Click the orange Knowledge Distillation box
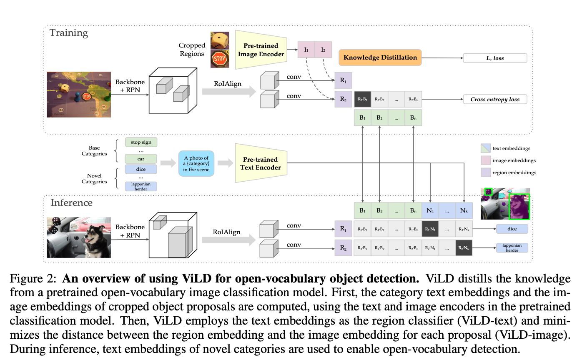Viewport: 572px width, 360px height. click(x=380, y=57)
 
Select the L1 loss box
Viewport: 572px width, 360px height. click(x=495, y=58)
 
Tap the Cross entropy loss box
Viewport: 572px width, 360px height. click(x=495, y=99)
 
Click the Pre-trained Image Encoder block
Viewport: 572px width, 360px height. click(x=261, y=50)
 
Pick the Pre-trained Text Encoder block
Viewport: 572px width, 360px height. click(x=261, y=163)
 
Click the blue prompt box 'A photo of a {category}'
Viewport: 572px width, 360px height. click(x=196, y=164)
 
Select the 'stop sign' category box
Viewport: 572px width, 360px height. click(x=141, y=142)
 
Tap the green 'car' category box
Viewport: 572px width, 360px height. click(x=141, y=159)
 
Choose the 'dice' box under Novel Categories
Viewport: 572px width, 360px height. click(x=141, y=169)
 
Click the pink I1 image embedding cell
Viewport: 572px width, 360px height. click(x=306, y=50)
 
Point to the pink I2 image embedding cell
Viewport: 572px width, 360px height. click(x=323, y=50)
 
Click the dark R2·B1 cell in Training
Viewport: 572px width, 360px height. click(x=362, y=99)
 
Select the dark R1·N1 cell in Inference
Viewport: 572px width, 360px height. click(x=430, y=229)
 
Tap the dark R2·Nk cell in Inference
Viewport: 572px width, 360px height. click(x=464, y=248)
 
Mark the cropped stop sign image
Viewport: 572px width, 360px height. click(x=220, y=59)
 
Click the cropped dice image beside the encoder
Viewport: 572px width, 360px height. click(x=220, y=40)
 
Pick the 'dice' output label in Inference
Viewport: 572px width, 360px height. click(x=512, y=229)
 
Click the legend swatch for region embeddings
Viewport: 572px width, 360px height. click(x=485, y=172)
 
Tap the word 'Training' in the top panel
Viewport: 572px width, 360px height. click(x=69, y=33)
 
